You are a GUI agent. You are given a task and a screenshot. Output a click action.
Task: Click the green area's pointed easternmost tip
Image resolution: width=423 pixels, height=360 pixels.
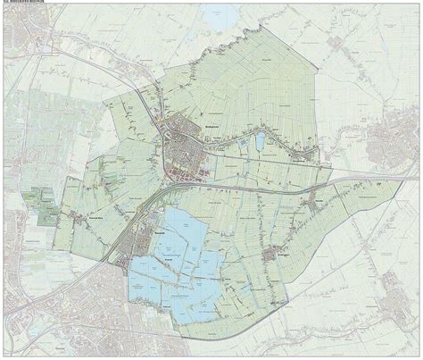tap(400, 179)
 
